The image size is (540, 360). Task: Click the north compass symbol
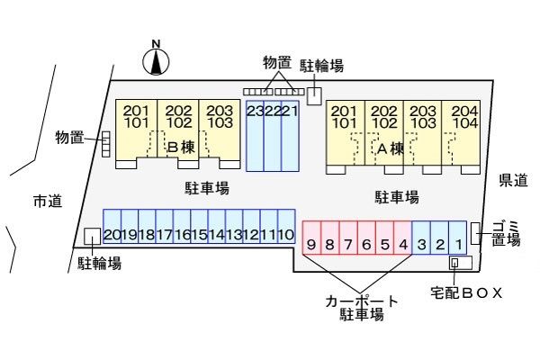tap(157, 61)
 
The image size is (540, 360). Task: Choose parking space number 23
tap(255, 135)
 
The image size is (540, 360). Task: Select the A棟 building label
tap(389, 148)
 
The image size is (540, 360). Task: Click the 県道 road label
tap(513, 181)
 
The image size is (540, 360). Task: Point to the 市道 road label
tap(47, 200)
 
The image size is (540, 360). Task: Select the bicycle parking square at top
tap(315, 95)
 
